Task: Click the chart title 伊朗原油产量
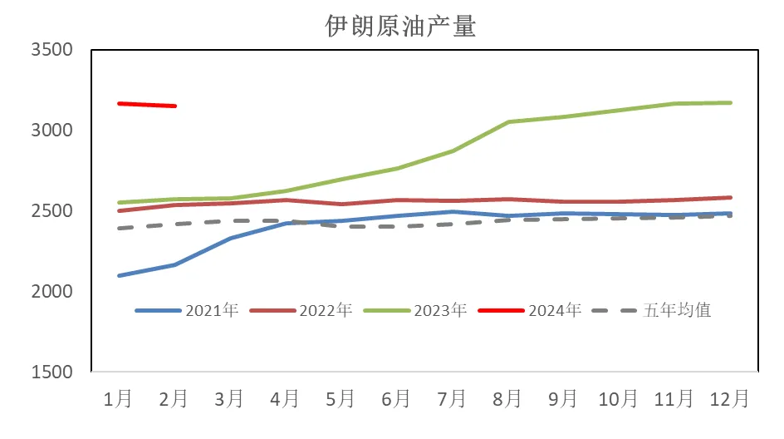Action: (399, 26)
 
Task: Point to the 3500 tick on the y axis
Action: (51, 50)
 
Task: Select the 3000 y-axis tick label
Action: (51, 131)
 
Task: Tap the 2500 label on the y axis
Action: (51, 211)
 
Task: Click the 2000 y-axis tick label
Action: (51, 292)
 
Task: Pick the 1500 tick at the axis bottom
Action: (51, 372)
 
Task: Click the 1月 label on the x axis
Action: (118, 399)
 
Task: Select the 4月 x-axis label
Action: (285, 399)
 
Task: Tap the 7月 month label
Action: (452, 399)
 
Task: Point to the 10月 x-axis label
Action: (619, 399)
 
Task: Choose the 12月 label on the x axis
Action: (730, 399)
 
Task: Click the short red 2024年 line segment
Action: (147, 105)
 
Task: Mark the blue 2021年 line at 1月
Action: (120, 275)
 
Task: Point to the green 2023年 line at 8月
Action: (508, 122)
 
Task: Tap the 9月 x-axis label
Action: (563, 399)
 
